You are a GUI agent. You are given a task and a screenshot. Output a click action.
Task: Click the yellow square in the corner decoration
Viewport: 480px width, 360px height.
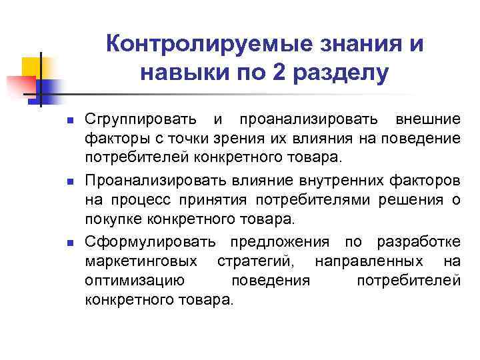coord(33,67)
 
